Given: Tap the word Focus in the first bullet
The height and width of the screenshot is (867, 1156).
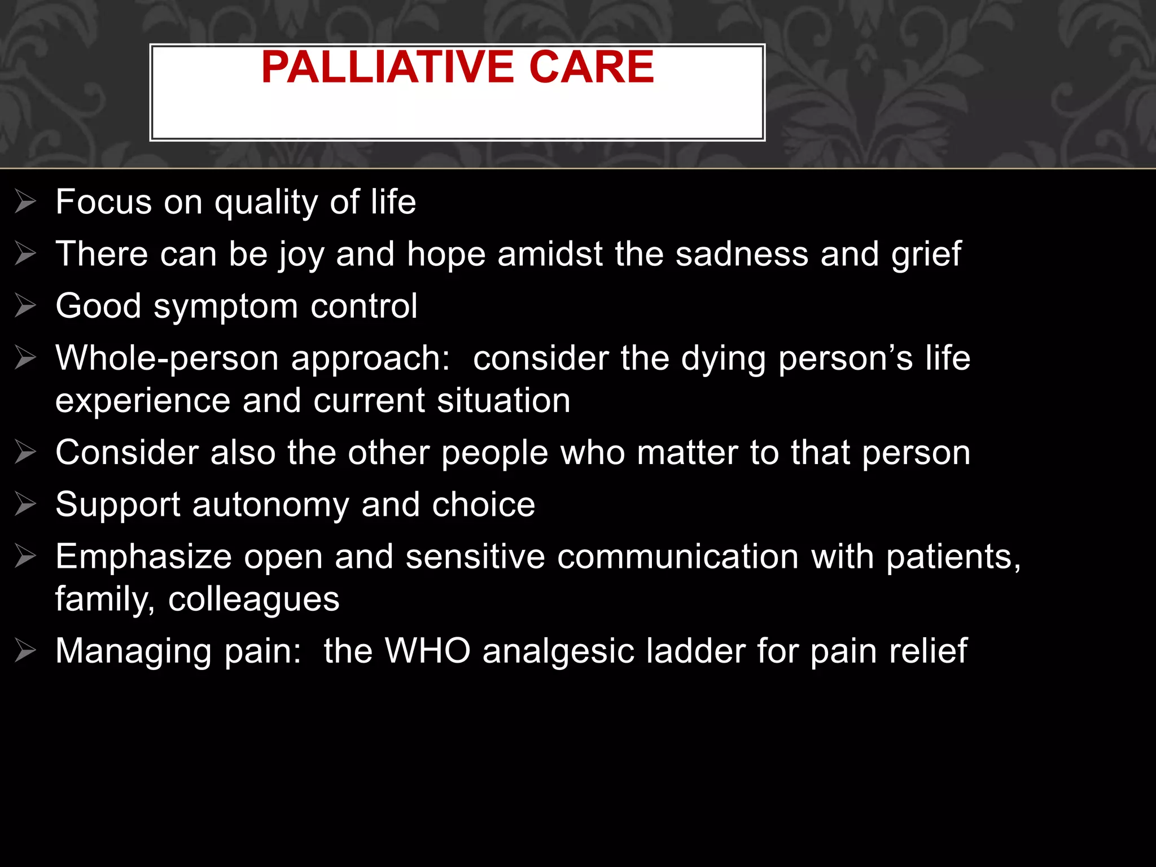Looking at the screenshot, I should coord(104,202).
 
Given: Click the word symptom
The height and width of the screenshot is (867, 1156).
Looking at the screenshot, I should coord(225,307).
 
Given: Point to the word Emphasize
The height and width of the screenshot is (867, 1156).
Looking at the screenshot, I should coord(144,557).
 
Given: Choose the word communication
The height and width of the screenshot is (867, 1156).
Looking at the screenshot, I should coord(678,557).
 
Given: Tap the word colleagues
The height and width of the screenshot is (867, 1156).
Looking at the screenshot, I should coord(254,599).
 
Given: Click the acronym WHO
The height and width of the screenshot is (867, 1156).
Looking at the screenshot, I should coord(427,651).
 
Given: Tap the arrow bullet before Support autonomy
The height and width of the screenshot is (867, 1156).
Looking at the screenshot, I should coord(25,503).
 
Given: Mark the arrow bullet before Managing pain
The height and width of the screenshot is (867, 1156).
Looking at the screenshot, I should coord(25,650).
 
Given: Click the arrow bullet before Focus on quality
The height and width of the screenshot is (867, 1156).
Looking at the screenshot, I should coord(25,202).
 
